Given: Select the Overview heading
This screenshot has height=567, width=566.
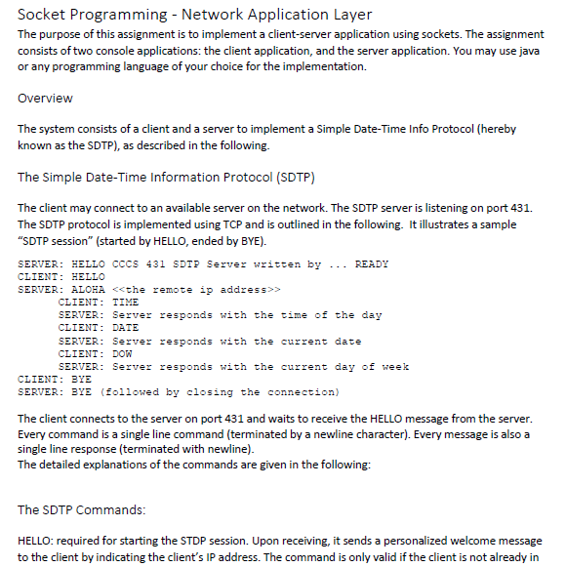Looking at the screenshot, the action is pyautogui.click(x=45, y=99).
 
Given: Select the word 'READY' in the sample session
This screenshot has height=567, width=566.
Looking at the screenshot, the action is pyautogui.click(x=372, y=264).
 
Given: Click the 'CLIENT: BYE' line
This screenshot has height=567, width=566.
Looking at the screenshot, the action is pyautogui.click(x=55, y=379).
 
